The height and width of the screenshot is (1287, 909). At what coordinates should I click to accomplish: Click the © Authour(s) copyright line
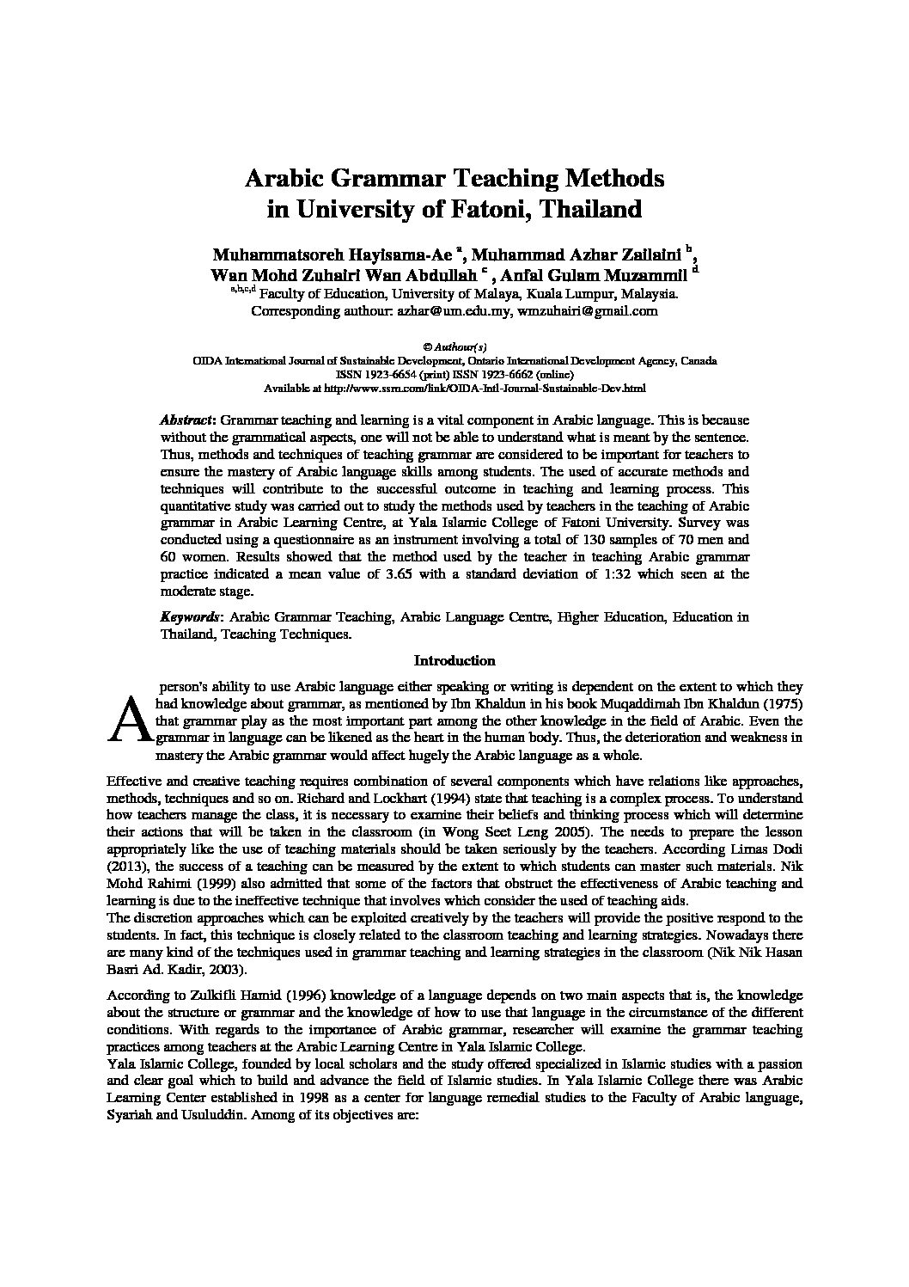point(454,347)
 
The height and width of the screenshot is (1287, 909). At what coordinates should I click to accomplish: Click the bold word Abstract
point(187,420)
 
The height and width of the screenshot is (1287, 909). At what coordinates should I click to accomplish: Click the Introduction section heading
point(454,661)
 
